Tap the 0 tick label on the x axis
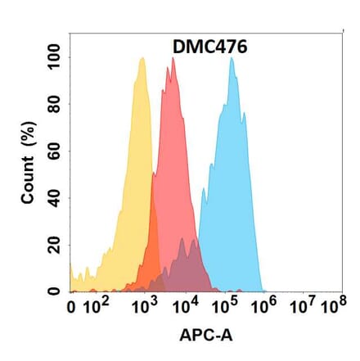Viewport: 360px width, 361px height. coord(73,309)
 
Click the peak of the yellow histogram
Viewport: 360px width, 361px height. coord(142,58)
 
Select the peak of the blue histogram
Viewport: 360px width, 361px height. coord(232,58)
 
